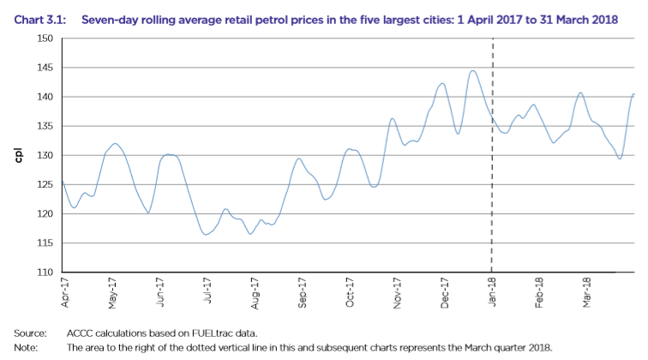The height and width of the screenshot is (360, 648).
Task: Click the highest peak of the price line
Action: [472, 70]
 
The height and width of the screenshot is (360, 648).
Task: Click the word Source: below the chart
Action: [29, 333]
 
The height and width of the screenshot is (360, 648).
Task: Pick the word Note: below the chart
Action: [26, 347]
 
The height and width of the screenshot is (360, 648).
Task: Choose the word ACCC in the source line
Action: [80, 333]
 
